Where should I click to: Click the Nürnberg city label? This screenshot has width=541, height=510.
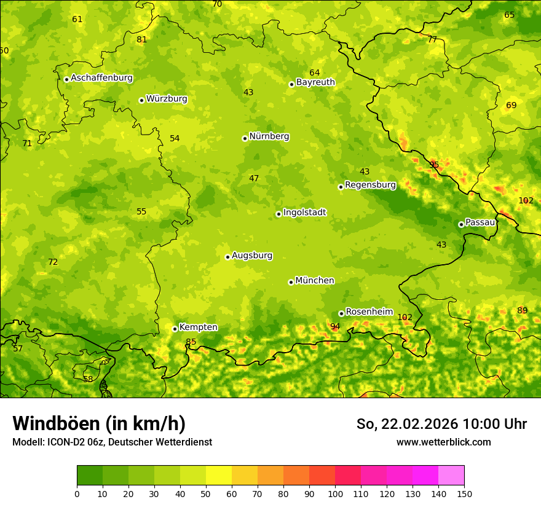269,136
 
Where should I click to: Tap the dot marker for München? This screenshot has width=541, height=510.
291,282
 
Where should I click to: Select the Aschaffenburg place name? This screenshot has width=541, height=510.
101,78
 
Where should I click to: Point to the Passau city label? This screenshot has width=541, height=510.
480,222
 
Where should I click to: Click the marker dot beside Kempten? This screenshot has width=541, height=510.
175,329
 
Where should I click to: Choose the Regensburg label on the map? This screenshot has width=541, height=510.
370,185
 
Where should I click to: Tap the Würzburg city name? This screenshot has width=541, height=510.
167,99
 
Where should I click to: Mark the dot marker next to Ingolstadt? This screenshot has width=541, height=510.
278,214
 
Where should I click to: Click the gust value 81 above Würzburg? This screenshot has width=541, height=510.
142,40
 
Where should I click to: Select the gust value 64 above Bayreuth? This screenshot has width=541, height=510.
315,73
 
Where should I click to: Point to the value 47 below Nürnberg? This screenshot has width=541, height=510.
254,179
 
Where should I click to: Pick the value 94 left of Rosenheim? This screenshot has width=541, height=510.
335,327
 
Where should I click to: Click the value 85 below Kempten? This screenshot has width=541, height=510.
191,342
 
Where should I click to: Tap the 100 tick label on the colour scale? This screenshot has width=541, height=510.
335,493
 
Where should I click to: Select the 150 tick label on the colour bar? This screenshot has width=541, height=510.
464,493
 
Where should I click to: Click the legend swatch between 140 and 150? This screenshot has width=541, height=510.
451,476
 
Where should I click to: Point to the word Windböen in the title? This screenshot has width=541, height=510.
56,423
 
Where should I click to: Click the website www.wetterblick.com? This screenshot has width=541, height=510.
443,442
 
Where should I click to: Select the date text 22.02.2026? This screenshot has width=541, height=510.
419,424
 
